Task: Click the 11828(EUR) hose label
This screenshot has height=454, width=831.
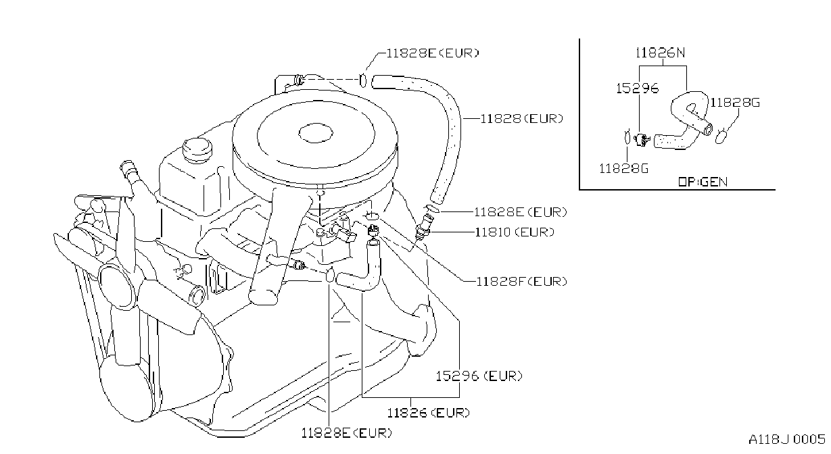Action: [521, 119]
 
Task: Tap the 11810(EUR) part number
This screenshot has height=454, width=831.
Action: [515, 232]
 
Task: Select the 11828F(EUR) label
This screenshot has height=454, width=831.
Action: [521, 281]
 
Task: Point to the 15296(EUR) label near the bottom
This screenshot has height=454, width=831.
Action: [479, 376]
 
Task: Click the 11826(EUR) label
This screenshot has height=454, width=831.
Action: [428, 413]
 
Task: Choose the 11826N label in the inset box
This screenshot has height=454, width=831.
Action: [661, 53]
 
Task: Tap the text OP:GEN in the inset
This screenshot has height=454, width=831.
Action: [703, 182]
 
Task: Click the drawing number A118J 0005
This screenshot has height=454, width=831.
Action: [786, 439]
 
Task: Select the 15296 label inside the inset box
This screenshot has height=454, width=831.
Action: [638, 89]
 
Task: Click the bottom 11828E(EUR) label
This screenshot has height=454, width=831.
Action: [346, 433]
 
